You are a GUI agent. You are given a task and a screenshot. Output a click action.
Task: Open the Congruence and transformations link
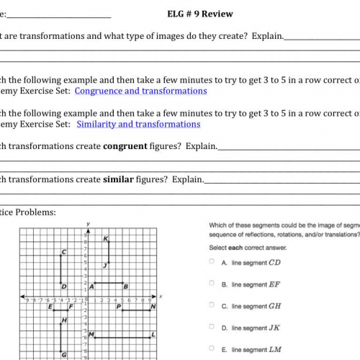point(140,91)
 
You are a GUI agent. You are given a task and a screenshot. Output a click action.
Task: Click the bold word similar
point(118,179)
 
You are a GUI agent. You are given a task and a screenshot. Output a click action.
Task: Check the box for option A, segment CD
point(212,262)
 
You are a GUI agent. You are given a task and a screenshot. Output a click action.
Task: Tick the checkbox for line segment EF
point(212,284)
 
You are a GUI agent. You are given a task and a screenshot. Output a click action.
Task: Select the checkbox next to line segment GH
point(212,306)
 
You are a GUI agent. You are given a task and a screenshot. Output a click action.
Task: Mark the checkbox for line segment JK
point(212,328)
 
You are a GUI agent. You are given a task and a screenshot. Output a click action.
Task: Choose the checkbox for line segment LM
point(212,349)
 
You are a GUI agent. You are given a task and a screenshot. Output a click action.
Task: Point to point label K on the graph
point(105,238)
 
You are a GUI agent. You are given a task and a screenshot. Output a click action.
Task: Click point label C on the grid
point(64,252)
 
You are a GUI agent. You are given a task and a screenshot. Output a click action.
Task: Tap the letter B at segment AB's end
point(125,286)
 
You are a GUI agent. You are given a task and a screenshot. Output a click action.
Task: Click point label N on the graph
point(153,306)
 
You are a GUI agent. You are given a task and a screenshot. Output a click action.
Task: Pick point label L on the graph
point(153,334)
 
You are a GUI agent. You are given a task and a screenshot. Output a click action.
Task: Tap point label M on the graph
point(92,334)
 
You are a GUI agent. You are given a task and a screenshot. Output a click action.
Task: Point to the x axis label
point(161,296)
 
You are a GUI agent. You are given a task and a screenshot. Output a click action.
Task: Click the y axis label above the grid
point(86,223)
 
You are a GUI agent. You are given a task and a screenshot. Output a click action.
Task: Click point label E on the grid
point(51,307)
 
